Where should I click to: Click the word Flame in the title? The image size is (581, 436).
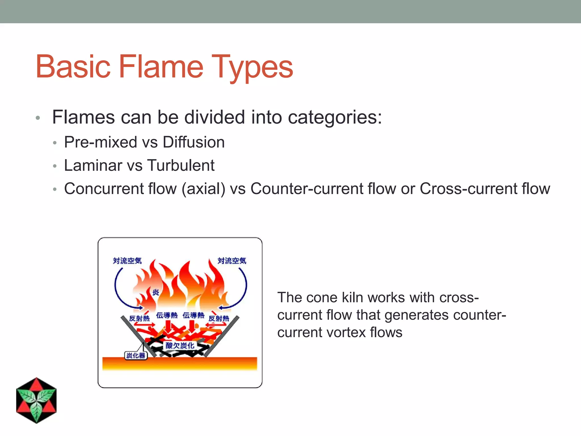(x=161, y=67)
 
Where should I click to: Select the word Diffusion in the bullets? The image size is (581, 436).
(x=193, y=142)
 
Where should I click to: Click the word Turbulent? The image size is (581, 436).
(x=181, y=165)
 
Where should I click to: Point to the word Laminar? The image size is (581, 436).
(x=93, y=165)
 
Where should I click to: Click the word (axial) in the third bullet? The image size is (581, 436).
(x=203, y=189)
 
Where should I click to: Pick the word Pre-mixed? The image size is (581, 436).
(x=100, y=142)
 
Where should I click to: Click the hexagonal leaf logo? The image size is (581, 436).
(x=36, y=400)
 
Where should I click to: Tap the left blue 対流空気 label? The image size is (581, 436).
(x=127, y=261)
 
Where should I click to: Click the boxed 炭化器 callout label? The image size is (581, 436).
(x=136, y=355)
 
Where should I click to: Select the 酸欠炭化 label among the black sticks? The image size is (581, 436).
(x=180, y=345)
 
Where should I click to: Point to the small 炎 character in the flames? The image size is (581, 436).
(x=155, y=292)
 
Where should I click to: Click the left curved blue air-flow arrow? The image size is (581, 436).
(x=117, y=292)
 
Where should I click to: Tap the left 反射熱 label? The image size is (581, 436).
(x=139, y=318)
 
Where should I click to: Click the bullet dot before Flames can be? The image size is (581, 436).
(x=38, y=118)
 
